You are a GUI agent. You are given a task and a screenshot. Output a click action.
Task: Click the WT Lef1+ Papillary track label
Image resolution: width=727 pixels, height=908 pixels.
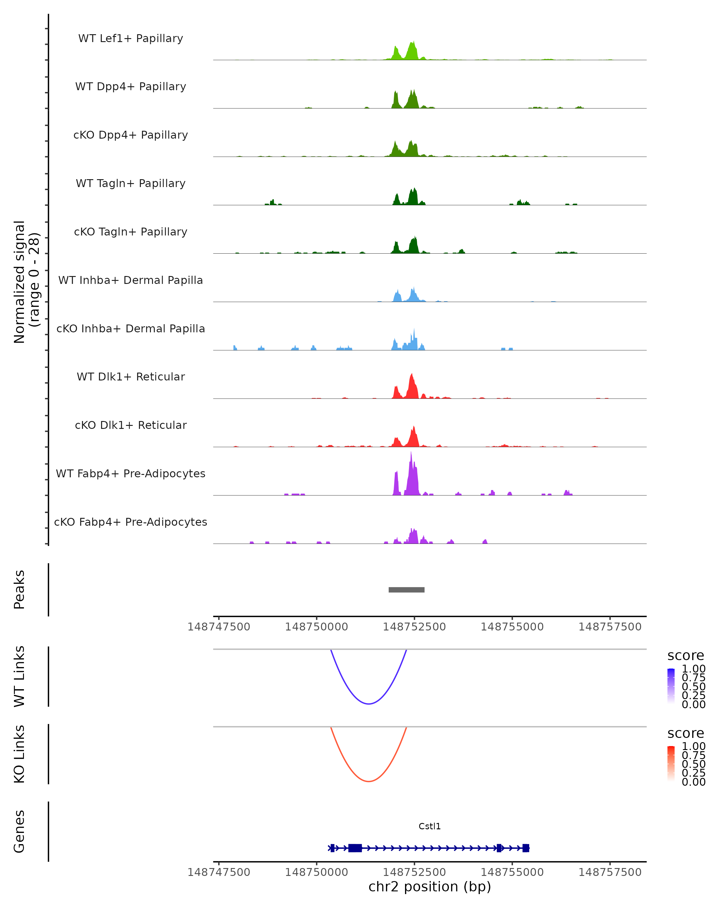point(131,38)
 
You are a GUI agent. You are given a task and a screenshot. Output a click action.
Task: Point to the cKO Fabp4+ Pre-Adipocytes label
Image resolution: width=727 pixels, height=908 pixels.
point(131,522)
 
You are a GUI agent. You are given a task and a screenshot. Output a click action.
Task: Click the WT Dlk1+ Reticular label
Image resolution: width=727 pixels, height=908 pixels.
point(131,377)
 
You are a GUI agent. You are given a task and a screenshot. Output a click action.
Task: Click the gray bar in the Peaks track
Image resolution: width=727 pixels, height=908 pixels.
point(406,590)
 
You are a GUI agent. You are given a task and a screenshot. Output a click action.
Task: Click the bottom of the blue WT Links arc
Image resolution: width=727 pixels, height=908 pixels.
point(368,703)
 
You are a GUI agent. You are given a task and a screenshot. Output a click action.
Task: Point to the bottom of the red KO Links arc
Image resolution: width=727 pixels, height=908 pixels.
point(368,781)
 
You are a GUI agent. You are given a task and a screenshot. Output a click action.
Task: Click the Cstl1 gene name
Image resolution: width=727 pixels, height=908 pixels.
point(430,826)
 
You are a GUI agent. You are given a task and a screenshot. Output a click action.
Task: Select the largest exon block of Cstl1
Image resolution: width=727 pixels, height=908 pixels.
point(355,848)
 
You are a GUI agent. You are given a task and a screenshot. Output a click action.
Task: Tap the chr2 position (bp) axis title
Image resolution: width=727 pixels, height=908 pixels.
point(430,887)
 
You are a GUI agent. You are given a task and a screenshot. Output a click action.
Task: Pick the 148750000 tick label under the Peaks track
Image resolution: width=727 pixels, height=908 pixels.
point(317,627)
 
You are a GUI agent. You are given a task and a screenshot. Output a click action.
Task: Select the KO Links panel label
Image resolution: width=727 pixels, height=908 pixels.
point(19,754)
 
